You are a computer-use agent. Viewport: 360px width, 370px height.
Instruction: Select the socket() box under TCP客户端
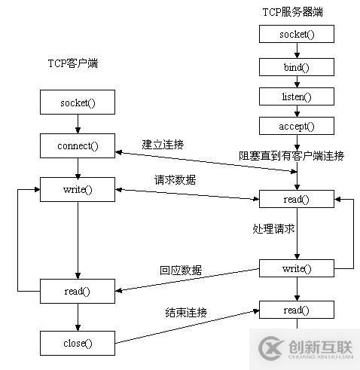78,102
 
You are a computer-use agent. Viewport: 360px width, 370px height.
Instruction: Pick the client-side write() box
78,188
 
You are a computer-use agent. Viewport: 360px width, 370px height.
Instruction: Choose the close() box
78,343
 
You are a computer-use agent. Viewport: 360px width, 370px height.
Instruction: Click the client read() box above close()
78,291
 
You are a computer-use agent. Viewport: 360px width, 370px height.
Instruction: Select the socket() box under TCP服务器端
296,35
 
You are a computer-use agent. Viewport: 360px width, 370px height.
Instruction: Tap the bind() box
296,67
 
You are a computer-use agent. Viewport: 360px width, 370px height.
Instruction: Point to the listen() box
296,97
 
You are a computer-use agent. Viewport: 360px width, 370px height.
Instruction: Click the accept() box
296,127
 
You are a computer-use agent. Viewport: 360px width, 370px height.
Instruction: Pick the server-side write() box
296,268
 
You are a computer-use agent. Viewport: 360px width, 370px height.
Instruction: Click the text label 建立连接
163,143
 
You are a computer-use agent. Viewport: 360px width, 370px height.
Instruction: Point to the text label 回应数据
181,270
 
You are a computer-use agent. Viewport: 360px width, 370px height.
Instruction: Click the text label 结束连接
186,312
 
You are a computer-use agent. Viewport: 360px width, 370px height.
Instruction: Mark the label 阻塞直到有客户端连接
291,156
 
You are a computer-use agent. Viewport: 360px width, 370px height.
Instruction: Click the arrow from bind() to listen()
296,82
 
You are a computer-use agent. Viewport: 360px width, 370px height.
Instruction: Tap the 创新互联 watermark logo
306,348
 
